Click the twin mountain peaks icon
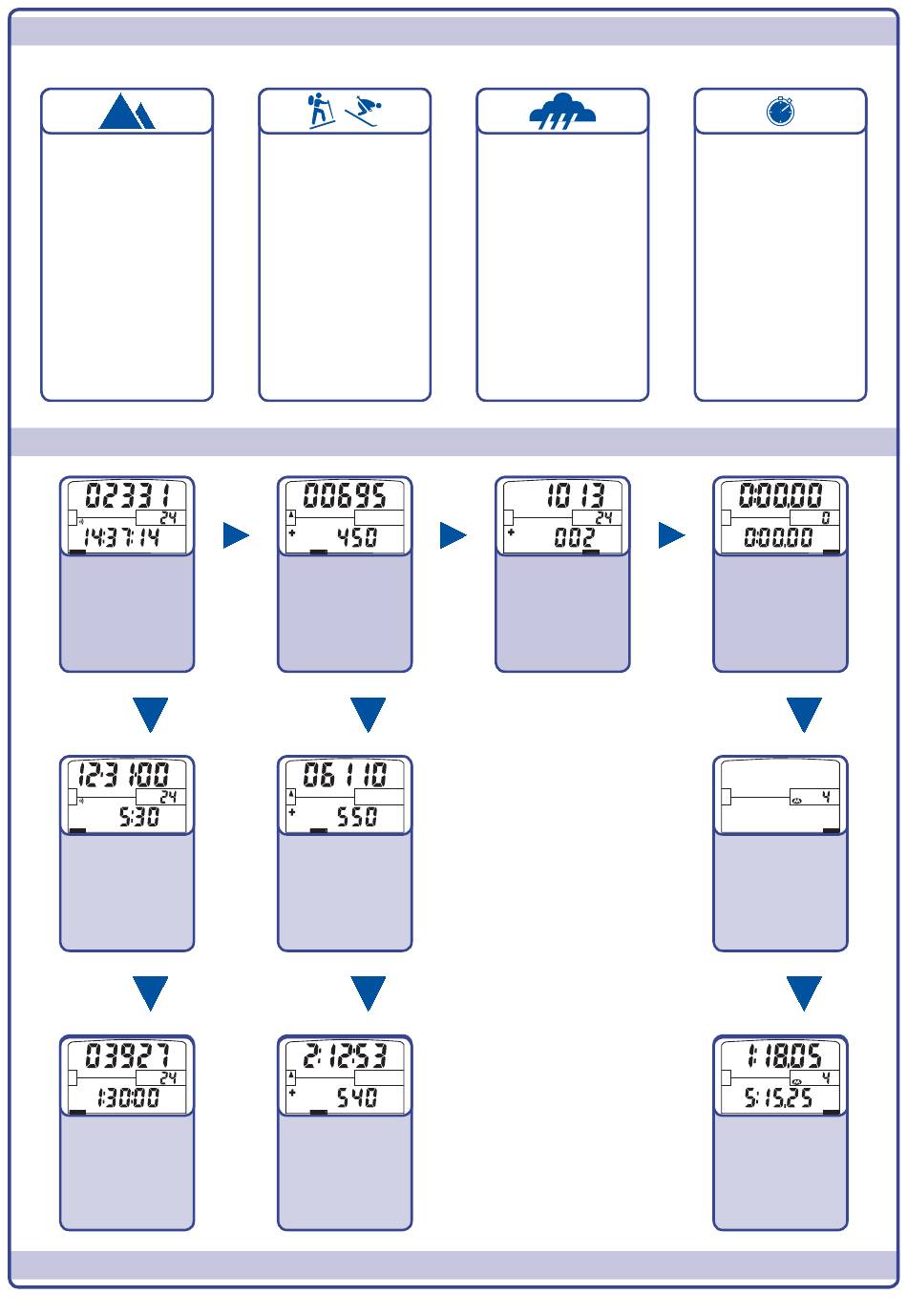coord(127,112)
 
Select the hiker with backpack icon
coord(321,111)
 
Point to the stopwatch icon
coord(780,112)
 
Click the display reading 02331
coord(127,496)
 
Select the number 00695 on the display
coord(345,496)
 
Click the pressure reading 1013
coord(576,496)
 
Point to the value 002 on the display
coord(574,537)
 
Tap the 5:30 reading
coord(137,818)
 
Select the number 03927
coord(127,1055)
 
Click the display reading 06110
coord(345,775)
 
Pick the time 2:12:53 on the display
coord(345,1055)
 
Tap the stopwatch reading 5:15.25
coord(779,1098)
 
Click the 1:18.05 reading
coord(780,1055)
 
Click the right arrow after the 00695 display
coord(453,536)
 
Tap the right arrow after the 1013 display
coord(671,536)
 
